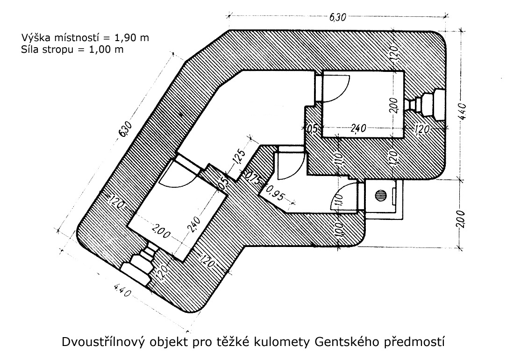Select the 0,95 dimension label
(x=275, y=193)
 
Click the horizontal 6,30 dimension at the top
(x=337, y=17)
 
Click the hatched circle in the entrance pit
(x=381, y=196)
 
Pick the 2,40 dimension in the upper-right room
(x=358, y=128)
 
